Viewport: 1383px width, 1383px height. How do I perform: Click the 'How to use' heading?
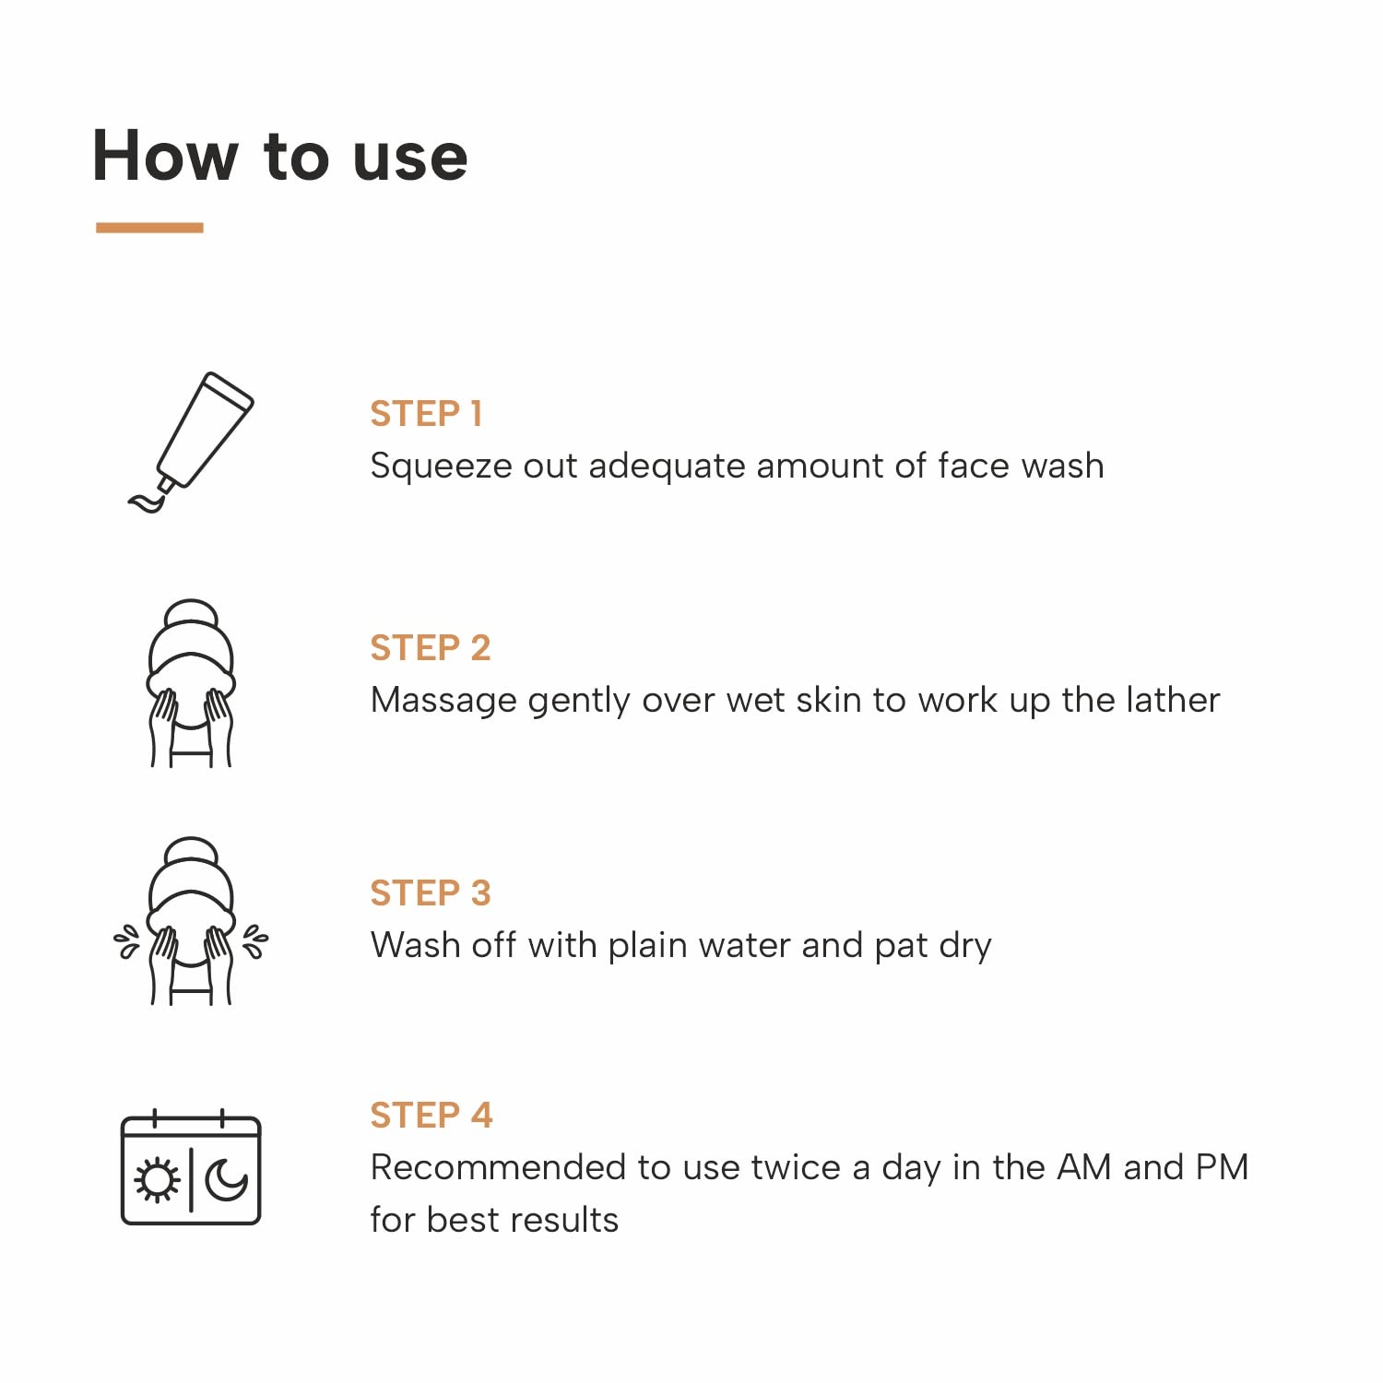click(x=280, y=156)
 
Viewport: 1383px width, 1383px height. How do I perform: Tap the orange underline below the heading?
click(x=149, y=227)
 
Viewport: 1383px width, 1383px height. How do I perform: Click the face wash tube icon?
click(x=191, y=442)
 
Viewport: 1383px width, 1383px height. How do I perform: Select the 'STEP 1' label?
click(x=426, y=414)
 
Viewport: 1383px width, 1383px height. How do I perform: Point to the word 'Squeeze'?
click(x=441, y=467)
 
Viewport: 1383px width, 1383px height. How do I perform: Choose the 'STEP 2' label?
click(x=430, y=648)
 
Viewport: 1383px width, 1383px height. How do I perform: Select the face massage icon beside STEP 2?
click(x=191, y=683)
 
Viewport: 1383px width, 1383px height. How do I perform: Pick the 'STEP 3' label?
click(x=430, y=893)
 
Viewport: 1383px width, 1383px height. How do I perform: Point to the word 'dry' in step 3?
click(x=964, y=947)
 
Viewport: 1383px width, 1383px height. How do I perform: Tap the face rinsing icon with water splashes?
click(x=191, y=922)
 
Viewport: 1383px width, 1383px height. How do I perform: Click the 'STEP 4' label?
click(x=431, y=1116)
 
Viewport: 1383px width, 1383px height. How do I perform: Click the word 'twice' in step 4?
click(x=795, y=1167)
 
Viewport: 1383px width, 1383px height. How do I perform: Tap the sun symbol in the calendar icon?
click(x=157, y=1180)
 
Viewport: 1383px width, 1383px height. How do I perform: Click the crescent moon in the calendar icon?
click(x=226, y=1180)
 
